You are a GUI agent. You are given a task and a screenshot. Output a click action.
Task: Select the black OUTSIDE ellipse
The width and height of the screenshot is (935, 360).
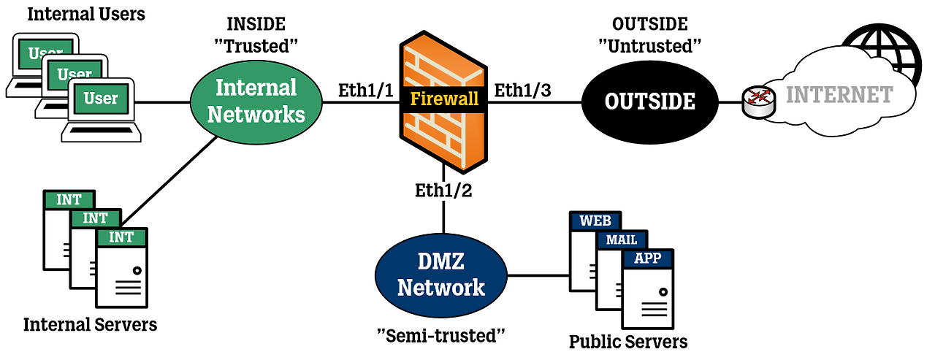click(649, 101)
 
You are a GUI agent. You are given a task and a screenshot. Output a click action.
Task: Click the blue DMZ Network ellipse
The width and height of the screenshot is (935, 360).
click(440, 276)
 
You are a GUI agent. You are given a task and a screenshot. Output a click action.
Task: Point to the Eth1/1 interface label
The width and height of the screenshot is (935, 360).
click(365, 91)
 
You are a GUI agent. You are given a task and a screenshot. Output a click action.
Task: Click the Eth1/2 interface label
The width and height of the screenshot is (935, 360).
click(443, 191)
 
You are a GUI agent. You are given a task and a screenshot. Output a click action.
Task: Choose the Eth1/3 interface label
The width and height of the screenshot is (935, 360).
click(522, 91)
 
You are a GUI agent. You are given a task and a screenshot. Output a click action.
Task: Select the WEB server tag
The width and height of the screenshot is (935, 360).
click(595, 221)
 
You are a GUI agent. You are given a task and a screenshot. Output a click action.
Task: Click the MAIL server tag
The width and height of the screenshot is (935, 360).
click(621, 240)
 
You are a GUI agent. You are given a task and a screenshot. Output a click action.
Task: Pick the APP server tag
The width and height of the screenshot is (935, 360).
click(647, 258)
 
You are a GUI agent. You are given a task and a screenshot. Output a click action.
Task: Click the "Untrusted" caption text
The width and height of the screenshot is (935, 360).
click(649, 46)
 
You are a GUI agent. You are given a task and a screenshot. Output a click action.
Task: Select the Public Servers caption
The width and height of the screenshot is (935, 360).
click(628, 341)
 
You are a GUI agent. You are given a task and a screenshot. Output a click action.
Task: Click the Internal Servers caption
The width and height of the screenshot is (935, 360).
click(90, 324)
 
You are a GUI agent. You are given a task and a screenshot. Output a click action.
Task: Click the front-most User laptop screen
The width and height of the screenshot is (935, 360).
click(101, 99)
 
